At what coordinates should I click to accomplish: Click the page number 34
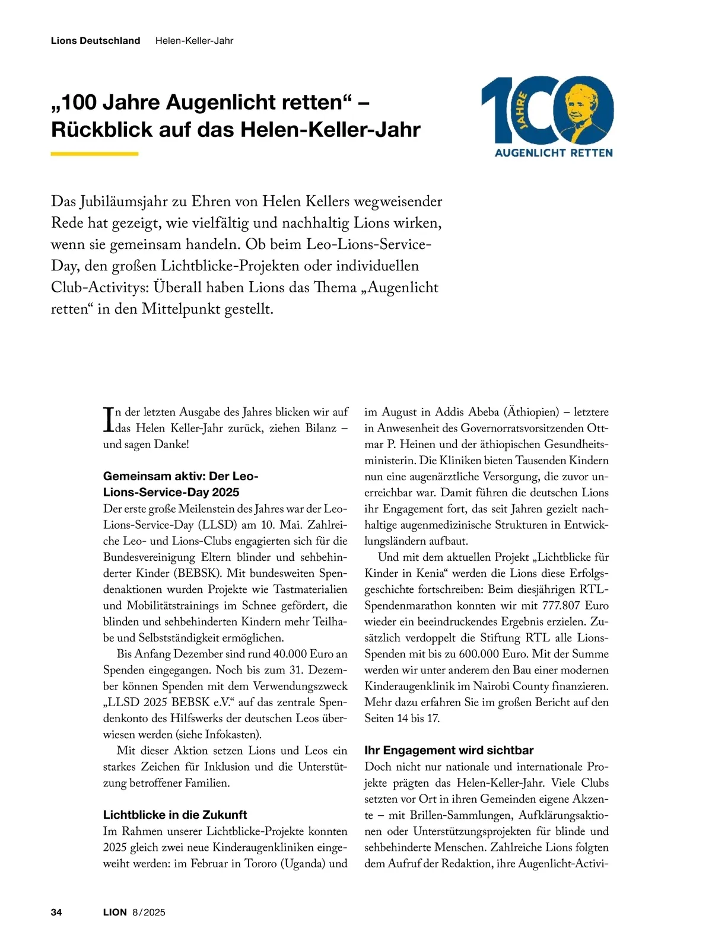coord(56,912)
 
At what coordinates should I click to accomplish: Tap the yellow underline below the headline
coord(94,154)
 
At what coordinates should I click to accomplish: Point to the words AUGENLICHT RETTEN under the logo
coord(554,153)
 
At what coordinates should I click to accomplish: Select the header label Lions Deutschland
coord(96,41)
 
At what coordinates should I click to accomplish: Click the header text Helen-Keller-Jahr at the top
coord(194,41)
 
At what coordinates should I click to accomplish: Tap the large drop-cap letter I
coord(108,419)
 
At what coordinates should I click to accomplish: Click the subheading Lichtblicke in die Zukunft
coord(175,815)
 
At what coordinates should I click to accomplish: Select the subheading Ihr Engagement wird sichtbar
coord(449,750)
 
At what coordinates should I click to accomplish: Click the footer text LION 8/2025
coord(134,912)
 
